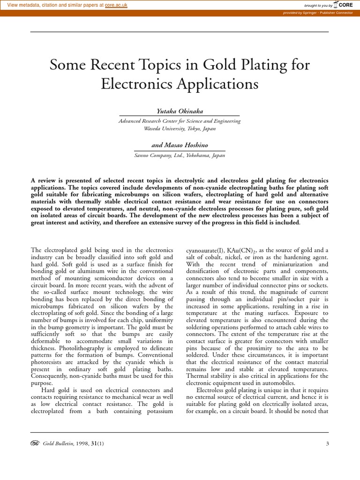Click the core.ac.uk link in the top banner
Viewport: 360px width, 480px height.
tap(116, 5)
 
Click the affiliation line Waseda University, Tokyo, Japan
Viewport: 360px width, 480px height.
tap(180, 128)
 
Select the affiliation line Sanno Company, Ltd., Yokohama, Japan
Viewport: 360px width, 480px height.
tap(180, 156)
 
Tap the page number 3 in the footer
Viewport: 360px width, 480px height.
tap(327, 443)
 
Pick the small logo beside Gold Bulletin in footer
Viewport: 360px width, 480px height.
tap(35, 443)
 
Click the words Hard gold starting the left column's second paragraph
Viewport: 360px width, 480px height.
tap(55, 390)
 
